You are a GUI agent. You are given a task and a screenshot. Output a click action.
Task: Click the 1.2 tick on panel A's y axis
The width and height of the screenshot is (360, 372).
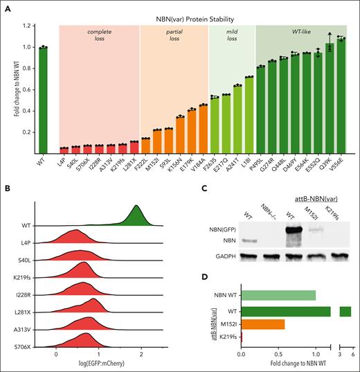[x=26, y=26]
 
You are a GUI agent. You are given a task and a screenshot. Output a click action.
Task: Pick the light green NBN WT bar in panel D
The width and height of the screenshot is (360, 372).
[x=278, y=295]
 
